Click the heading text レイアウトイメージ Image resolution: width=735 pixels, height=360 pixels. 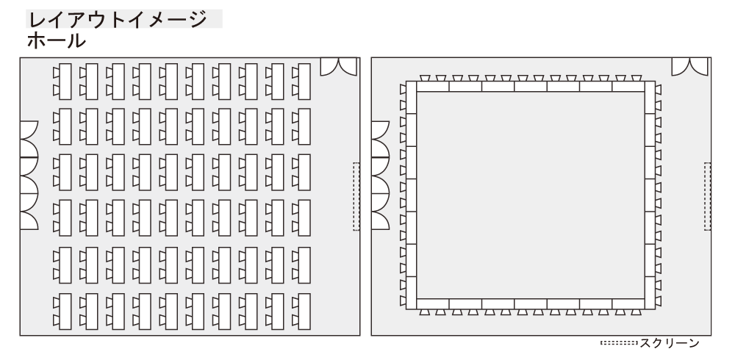118,20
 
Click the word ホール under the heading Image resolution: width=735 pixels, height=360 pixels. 57,41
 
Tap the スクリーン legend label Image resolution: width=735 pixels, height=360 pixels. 670,343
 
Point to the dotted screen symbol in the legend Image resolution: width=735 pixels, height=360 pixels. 619,343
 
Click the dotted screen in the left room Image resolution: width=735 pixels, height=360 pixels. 356,196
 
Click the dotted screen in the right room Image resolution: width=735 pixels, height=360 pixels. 707,196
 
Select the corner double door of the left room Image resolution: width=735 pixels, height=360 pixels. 338,67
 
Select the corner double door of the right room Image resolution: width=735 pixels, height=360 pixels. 689,67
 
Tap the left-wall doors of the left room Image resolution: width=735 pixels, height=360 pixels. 29,176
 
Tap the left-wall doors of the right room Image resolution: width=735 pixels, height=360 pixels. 380,176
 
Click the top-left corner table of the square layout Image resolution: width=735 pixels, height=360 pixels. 411,97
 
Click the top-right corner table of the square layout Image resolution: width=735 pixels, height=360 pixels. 650,97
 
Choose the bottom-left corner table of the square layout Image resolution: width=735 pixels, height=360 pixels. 411,293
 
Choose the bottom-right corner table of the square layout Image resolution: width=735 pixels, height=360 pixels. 650,293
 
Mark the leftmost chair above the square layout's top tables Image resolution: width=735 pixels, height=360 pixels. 425,79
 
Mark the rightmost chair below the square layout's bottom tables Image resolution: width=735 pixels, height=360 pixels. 636,312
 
